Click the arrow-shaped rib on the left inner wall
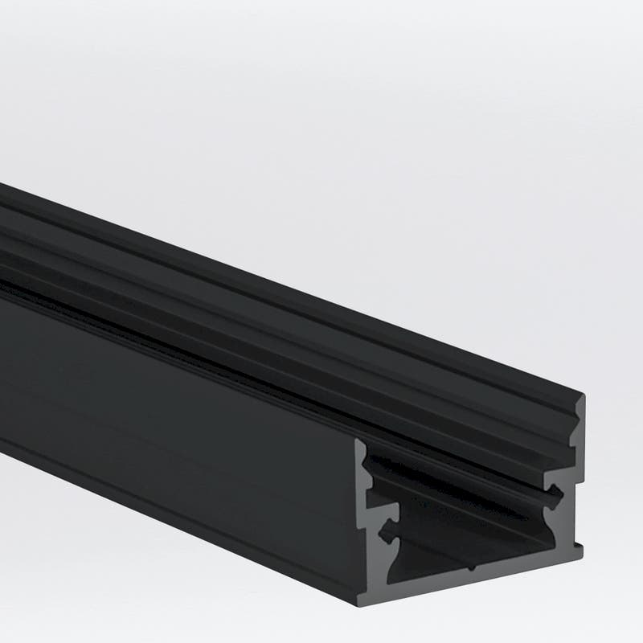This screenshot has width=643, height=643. [387, 530]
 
